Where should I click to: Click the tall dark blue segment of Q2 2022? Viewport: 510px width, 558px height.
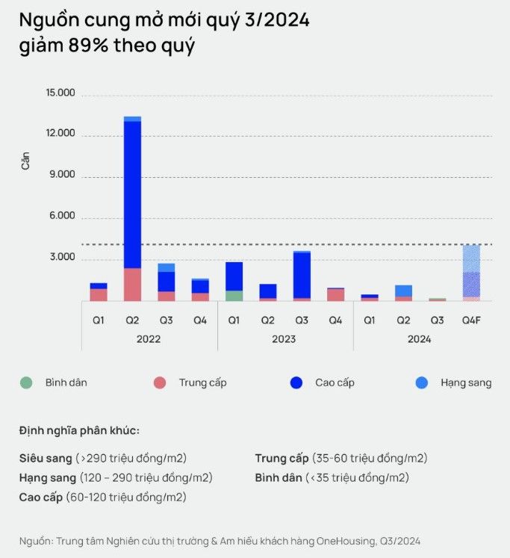point(132,194)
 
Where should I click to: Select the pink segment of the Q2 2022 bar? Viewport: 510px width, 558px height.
point(132,285)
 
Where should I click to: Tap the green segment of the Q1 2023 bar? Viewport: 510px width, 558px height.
point(234,296)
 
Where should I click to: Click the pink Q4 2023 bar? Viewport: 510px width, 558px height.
point(335,294)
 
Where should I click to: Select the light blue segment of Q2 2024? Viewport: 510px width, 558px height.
point(403,291)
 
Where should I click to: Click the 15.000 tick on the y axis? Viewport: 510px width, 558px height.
point(60,93)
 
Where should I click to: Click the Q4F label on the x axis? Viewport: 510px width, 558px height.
point(471,320)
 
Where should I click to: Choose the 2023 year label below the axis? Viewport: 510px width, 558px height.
point(284,339)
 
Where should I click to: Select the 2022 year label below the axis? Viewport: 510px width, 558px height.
point(149,339)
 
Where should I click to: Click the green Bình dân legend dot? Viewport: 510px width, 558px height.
point(26,383)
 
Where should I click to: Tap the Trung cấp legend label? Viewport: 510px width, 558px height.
point(202,382)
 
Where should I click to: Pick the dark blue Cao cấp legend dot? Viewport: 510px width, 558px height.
point(296,383)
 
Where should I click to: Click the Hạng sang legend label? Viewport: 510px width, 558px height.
point(466,382)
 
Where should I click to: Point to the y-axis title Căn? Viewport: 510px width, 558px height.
point(25,161)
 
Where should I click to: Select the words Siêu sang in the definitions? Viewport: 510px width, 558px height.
point(45,458)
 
